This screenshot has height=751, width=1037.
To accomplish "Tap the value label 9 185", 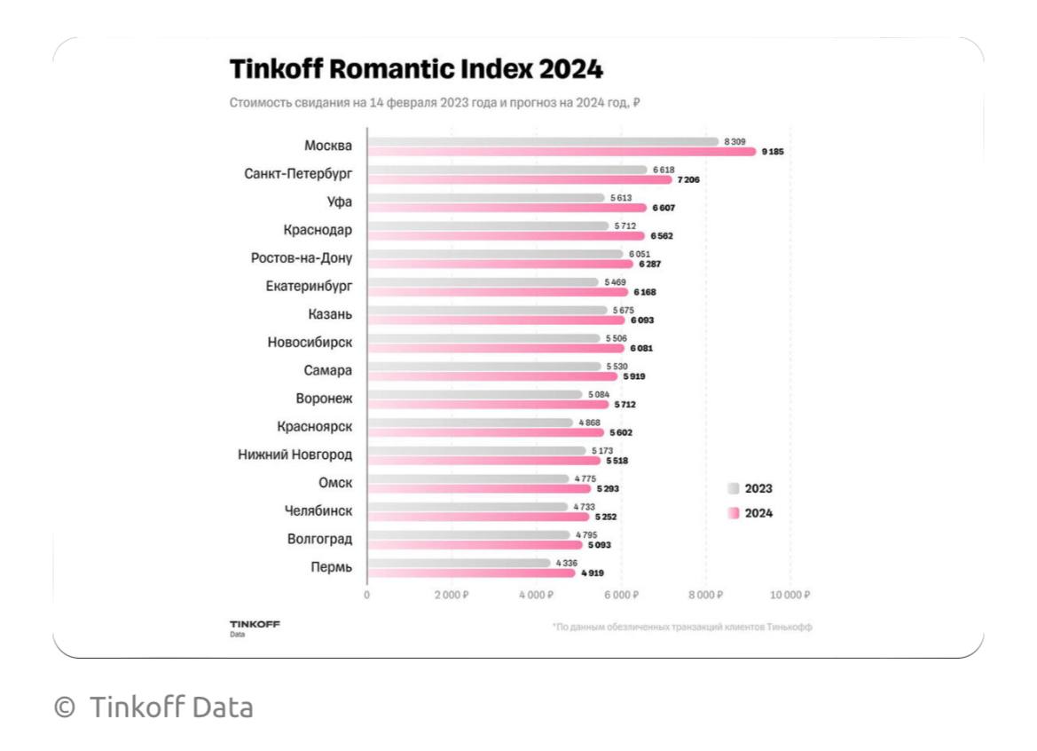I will (773, 152).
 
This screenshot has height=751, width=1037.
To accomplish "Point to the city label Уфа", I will (340, 202).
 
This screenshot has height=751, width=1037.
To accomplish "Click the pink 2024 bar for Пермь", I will (471, 573).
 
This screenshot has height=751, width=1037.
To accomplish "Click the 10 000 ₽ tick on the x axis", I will (790, 594).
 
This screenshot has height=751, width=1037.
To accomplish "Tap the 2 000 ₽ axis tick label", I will (451, 594).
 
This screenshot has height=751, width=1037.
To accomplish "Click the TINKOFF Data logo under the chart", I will (254, 627).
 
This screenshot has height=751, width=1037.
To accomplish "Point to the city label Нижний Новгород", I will (295, 455).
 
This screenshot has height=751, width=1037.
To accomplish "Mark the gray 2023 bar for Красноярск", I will (470, 423).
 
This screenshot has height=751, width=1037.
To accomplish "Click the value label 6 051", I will (640, 254).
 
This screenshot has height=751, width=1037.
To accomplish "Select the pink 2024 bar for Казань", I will (496, 320).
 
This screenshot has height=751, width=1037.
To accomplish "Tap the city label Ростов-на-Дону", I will (302, 258).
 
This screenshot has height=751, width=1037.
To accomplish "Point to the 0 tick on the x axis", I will (367, 594).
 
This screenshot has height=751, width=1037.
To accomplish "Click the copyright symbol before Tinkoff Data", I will (64, 708).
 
